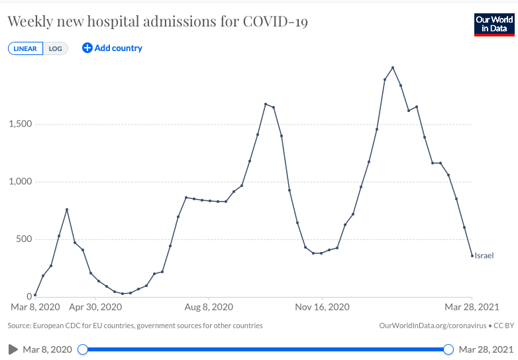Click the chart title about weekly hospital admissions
coord(158,22)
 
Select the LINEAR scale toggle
coord(25,48)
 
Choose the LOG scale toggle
coord(55,48)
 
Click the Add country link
coord(112,48)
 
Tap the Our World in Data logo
coord(494,24)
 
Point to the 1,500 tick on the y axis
coord(21,124)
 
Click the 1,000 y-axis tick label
coord(21,182)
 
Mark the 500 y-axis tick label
coord(25,239)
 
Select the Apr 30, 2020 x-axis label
coord(95,307)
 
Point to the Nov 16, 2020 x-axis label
coord(322,307)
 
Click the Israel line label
coord(484,255)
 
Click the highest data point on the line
coord(393,68)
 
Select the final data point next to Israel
coord(472,256)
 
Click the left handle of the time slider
coord(83,349)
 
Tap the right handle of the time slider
coord(448,349)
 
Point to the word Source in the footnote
coord(20,326)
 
